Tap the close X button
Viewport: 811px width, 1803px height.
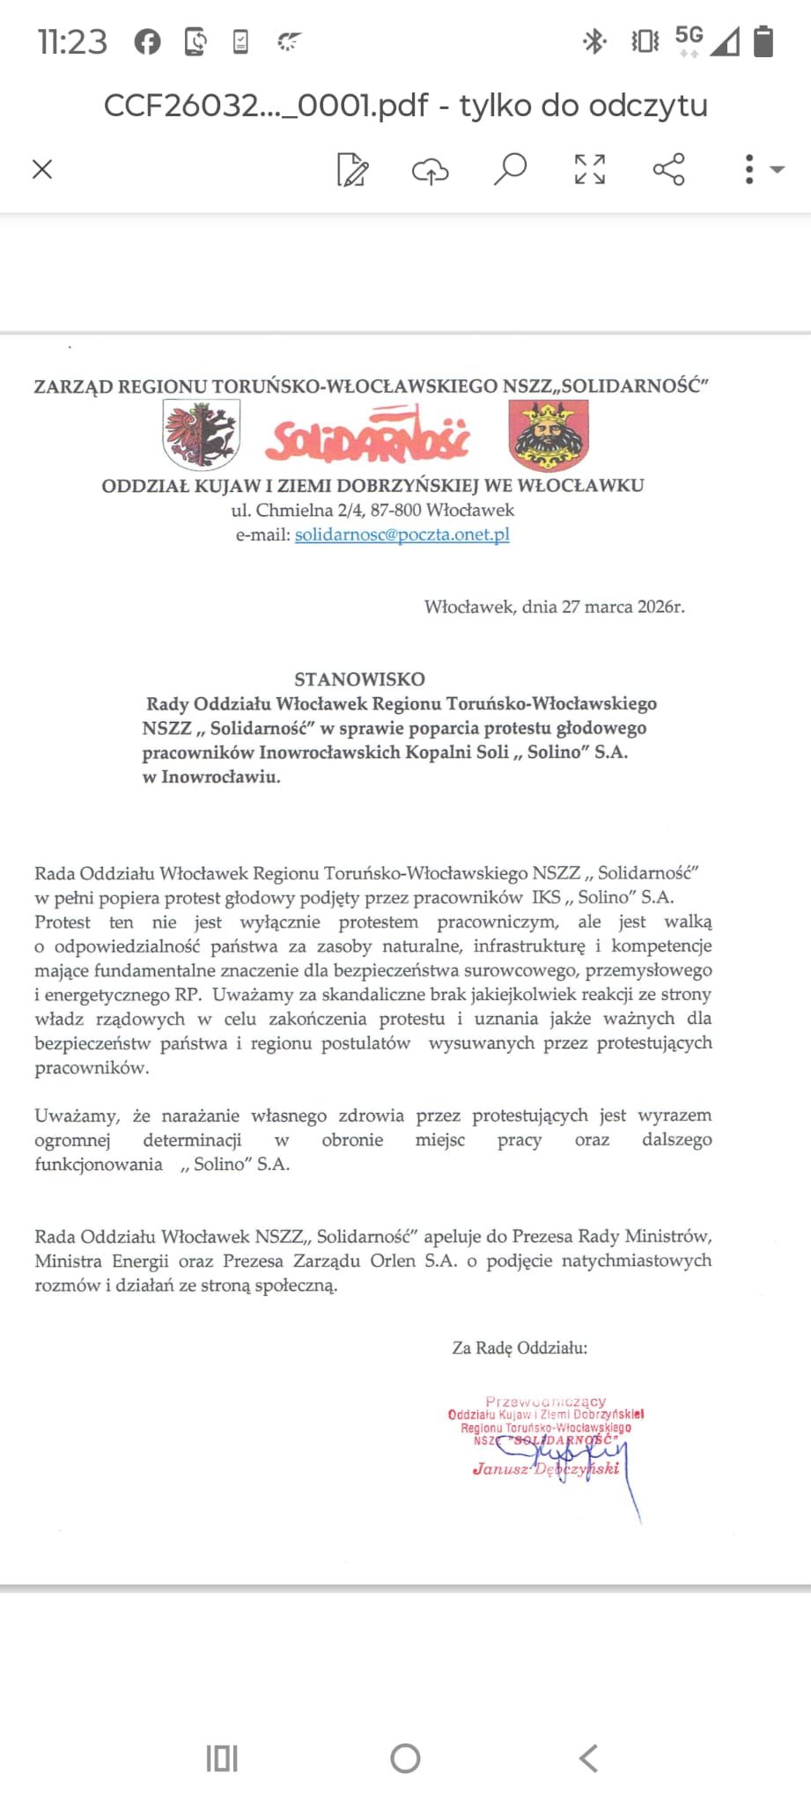42,169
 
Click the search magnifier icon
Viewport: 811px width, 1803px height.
510,168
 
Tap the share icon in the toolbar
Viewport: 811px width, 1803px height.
668,168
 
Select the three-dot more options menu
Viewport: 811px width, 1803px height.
749,169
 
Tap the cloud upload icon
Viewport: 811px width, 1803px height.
430,170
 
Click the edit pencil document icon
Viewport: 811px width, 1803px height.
352,170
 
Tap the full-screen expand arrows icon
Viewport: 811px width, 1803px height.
589,168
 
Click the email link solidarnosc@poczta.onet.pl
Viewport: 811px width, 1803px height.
402,534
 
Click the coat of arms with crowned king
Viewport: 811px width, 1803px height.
549,436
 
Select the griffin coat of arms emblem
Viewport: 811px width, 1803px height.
202,434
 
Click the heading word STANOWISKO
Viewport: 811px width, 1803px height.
359,679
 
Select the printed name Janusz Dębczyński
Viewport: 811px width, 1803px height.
546,1468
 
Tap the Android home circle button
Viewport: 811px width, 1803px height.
405,1758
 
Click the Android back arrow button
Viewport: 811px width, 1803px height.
588,1758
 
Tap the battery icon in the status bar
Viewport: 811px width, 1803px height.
763,40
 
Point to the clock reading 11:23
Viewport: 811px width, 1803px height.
72,41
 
